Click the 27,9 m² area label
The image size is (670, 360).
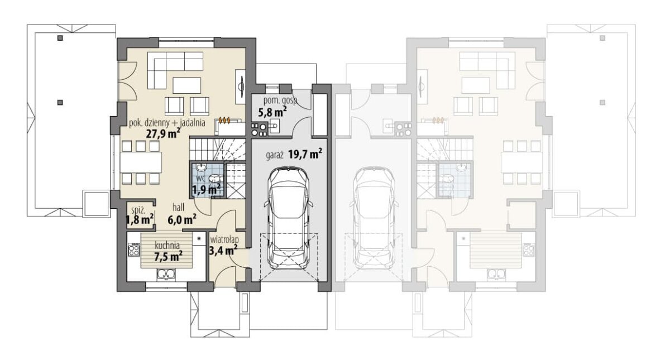(163, 133)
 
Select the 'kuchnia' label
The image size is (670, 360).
(167, 246)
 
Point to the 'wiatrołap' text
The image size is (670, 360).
(224, 240)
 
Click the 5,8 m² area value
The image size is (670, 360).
(272, 112)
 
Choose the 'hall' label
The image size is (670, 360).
(178, 207)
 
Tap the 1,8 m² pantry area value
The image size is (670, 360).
(140, 220)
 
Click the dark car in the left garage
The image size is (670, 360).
(289, 218)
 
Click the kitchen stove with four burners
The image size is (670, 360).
(134, 249)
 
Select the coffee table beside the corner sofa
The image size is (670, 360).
(187, 85)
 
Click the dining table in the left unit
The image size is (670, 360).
(141, 162)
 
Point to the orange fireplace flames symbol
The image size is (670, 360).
(224, 120)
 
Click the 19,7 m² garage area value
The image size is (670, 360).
(305, 154)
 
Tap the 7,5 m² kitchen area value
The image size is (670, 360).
(169, 256)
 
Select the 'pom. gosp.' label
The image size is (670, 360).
(281, 100)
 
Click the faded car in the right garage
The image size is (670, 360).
(374, 218)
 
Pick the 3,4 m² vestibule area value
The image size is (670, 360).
(223, 250)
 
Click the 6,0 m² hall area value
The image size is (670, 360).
(182, 220)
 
